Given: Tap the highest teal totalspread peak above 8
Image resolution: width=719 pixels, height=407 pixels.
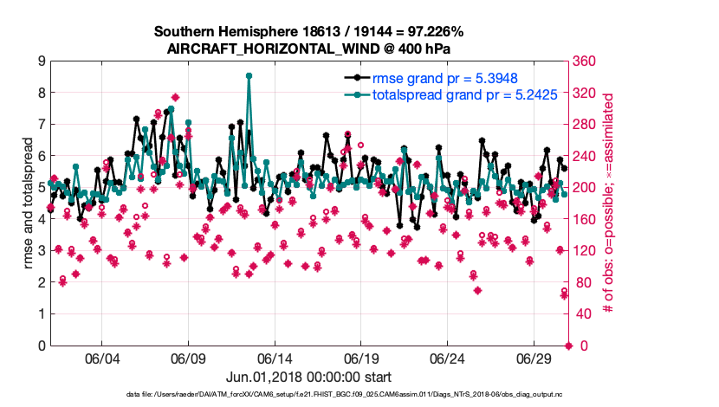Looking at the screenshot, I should pos(249,76).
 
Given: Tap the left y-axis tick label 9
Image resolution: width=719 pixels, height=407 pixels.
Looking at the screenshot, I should pos(41,61).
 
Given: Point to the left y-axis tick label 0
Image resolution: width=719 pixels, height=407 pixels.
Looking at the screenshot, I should pos(41,346).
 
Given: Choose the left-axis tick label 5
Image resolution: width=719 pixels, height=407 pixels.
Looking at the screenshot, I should pos(41,188).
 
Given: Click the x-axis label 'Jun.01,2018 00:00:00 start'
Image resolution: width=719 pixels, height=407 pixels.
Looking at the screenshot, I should pos(309,377).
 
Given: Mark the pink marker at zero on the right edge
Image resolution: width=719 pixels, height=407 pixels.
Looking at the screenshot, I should pos(568,346).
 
